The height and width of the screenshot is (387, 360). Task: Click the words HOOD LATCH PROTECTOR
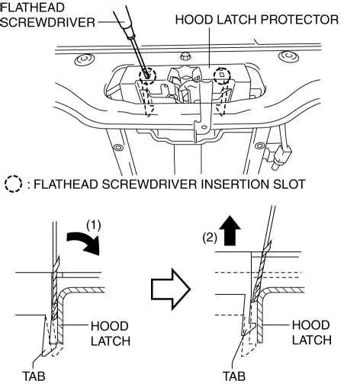click(x=257, y=20)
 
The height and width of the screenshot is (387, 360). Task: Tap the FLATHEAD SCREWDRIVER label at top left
click(x=47, y=14)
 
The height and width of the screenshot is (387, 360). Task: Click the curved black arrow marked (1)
click(x=84, y=243)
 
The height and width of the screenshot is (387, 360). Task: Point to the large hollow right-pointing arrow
click(x=171, y=289)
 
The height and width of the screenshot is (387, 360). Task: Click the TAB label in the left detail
click(x=34, y=376)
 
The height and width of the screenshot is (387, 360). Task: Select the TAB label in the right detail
click(x=234, y=376)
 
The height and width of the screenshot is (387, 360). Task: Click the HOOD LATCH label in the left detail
click(x=111, y=334)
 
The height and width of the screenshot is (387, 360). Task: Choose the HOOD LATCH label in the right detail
click(x=312, y=333)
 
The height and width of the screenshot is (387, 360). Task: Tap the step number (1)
click(x=94, y=225)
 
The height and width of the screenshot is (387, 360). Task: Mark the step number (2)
click(x=210, y=238)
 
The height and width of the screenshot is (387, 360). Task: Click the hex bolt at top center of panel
click(x=185, y=56)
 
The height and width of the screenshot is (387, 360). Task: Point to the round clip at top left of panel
click(x=85, y=60)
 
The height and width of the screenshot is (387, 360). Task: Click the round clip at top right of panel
click(x=288, y=56)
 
